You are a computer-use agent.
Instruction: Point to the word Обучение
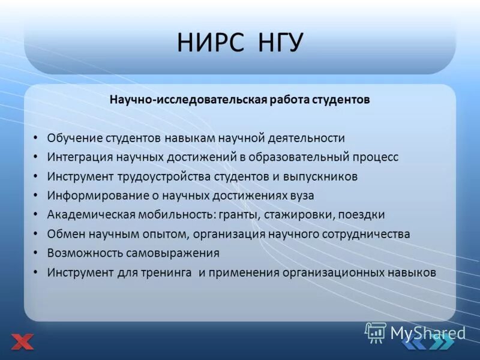click(75, 138)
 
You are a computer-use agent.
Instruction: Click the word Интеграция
click(78, 157)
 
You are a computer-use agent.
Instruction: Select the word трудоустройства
click(161, 176)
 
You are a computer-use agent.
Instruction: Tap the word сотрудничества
click(368, 234)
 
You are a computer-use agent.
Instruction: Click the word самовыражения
click(177, 253)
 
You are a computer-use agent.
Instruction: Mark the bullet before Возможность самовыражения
click(36, 253)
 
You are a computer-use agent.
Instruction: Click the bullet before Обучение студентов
click(36, 138)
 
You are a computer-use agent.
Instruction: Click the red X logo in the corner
click(22, 342)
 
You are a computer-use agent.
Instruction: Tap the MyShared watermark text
click(427, 332)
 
